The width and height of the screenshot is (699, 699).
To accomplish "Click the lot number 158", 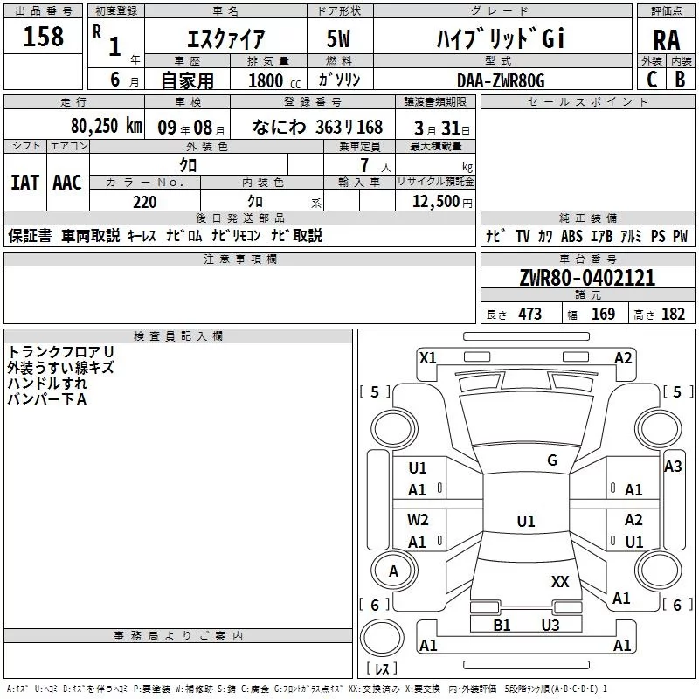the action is coord(43,36).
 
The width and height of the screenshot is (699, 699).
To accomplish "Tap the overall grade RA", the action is coord(666,40).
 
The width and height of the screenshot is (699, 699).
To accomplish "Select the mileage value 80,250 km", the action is coord(106,126).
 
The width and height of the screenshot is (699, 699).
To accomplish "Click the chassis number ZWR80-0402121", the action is coord(587,277).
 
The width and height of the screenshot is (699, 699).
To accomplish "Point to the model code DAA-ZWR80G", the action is coord(501,80).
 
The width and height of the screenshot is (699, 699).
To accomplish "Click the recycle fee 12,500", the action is coord(435,202).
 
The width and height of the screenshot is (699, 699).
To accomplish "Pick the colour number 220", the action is coord(144,202).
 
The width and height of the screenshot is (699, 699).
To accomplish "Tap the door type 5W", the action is coord(338,38).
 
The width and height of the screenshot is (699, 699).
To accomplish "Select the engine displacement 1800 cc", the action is coord(274,80).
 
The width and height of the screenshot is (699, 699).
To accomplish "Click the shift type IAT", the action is coord(25,183).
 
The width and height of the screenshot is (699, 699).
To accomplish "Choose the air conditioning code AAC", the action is coord(67,183).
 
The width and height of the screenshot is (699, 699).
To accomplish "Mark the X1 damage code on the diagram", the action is coord(428,358).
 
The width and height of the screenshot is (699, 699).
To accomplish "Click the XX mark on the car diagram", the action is coord(560,582).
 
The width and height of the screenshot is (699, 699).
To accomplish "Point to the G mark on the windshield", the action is coord(552,460).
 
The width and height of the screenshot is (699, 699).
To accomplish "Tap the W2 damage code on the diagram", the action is coord(418,520).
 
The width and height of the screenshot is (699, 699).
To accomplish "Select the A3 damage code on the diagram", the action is coord(673,467).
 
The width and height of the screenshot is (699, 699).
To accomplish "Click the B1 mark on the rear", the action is coord(502,625).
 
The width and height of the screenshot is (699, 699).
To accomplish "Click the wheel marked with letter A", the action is coord(394,571).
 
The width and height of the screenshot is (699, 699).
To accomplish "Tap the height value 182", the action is coord(673,315).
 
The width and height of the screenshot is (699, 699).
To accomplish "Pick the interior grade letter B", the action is coord(680,80).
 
